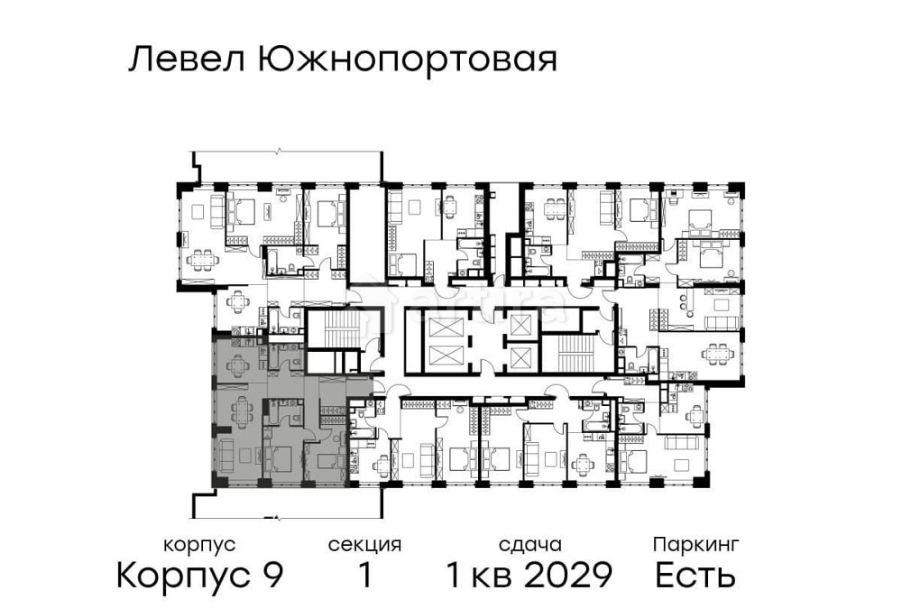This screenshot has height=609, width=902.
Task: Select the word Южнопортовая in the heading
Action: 407,60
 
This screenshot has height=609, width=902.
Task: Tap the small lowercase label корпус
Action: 199,545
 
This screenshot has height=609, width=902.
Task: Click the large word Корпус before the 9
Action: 183,576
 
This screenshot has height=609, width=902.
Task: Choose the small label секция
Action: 364,545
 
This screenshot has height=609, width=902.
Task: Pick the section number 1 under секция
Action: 364,575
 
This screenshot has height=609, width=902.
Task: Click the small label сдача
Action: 530,545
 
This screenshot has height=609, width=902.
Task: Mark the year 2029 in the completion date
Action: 570,575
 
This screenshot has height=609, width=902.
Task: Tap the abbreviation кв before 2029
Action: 497,575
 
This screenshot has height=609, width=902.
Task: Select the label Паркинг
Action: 696,545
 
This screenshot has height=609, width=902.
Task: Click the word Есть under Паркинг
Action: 695,575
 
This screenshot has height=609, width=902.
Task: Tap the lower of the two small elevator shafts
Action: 521,357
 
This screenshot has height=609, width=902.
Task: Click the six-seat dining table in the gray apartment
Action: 241,413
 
